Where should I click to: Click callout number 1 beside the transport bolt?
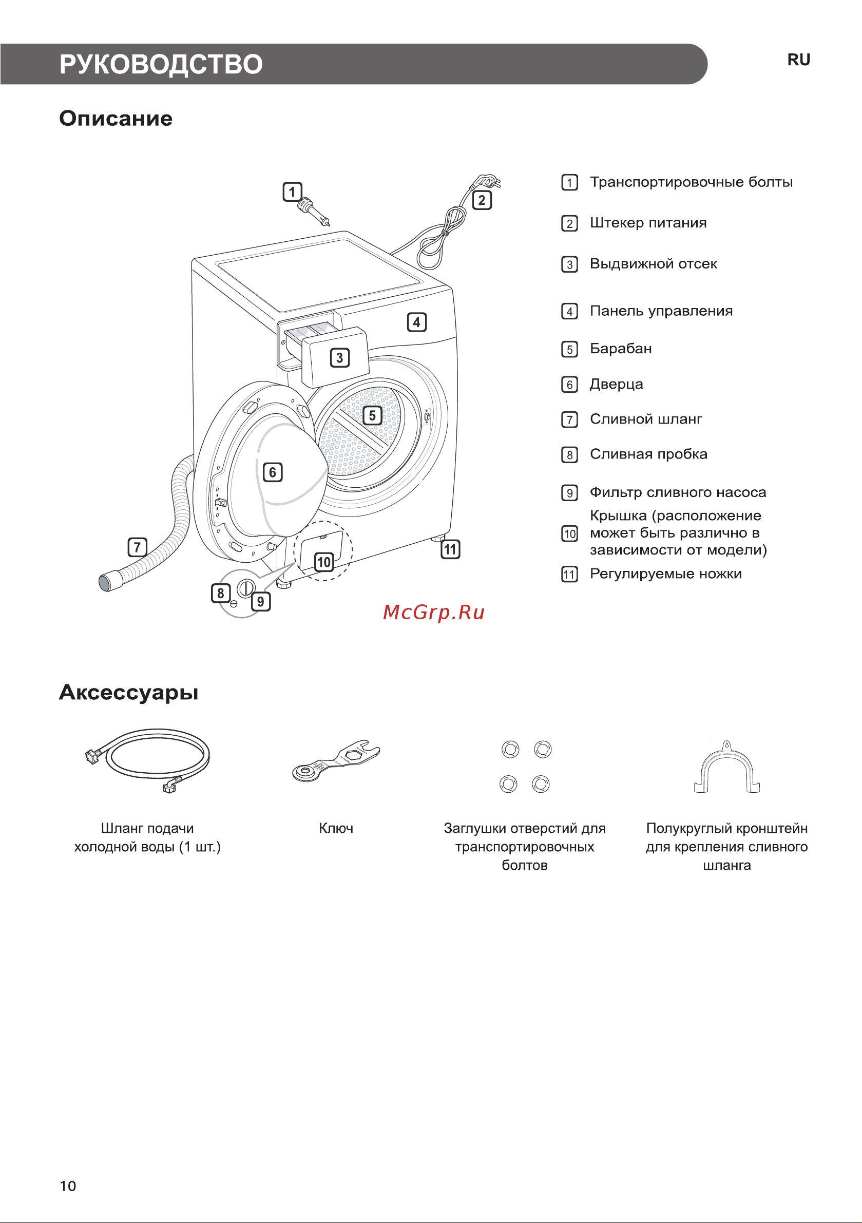tap(292, 192)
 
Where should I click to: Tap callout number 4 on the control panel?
tap(416, 322)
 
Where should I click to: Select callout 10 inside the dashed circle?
tap(324, 562)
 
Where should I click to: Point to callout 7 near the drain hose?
tap(138, 547)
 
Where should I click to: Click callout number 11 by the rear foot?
tap(450, 549)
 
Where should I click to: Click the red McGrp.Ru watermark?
tap(434, 613)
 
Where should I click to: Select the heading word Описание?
tap(116, 118)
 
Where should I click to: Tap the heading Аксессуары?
tap(128, 693)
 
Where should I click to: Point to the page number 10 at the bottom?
tap(68, 1186)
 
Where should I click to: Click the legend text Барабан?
tap(621, 349)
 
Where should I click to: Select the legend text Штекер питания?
tap(648, 223)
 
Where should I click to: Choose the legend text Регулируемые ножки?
tap(665, 574)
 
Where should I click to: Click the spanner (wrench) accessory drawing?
tap(337, 760)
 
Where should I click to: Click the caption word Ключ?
tap(336, 828)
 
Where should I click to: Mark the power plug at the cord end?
tap(486, 182)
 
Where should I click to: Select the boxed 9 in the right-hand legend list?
tap(569, 493)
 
